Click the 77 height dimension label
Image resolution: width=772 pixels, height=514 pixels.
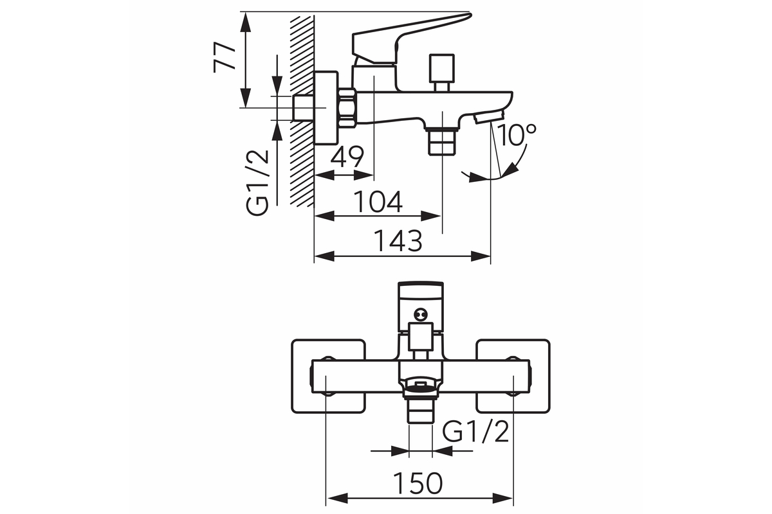(224, 57)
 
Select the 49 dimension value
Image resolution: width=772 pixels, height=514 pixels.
(347, 157)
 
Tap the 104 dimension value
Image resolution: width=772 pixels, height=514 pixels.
(378, 202)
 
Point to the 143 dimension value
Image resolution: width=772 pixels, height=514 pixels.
(398, 241)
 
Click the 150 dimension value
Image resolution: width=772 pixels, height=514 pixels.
(418, 483)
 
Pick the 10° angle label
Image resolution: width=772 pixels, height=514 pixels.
(517, 135)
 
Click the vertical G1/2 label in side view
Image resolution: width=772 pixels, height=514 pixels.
(257, 183)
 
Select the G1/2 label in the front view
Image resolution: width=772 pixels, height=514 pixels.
(475, 432)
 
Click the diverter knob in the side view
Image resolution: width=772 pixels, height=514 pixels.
(441, 72)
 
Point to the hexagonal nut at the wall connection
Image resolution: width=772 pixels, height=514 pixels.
(347, 108)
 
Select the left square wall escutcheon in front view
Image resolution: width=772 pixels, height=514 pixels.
(328, 376)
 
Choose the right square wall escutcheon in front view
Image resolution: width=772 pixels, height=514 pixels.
(513, 376)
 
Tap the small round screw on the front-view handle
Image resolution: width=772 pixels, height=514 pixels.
(421, 314)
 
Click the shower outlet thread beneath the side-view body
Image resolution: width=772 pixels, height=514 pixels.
(441, 141)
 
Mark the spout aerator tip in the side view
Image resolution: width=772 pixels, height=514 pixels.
(489, 118)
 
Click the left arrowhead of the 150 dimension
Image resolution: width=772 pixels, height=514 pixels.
(337, 498)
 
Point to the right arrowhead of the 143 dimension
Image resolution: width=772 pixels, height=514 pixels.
(480, 256)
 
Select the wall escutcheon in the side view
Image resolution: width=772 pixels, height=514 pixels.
(326, 107)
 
